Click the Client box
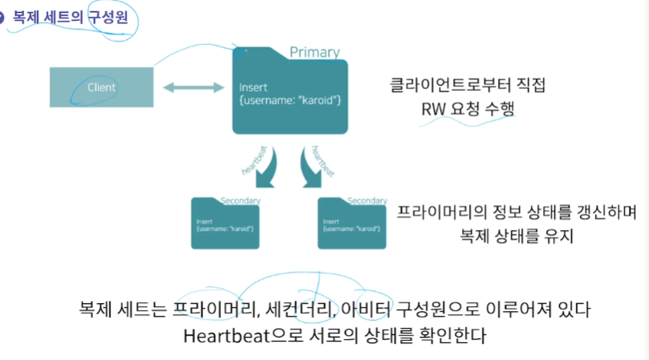pos(102,87)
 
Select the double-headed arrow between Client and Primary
pos(193,87)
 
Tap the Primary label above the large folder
pos(314,52)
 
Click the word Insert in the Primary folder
pos(253,87)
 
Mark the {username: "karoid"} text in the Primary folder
pos(290,99)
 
